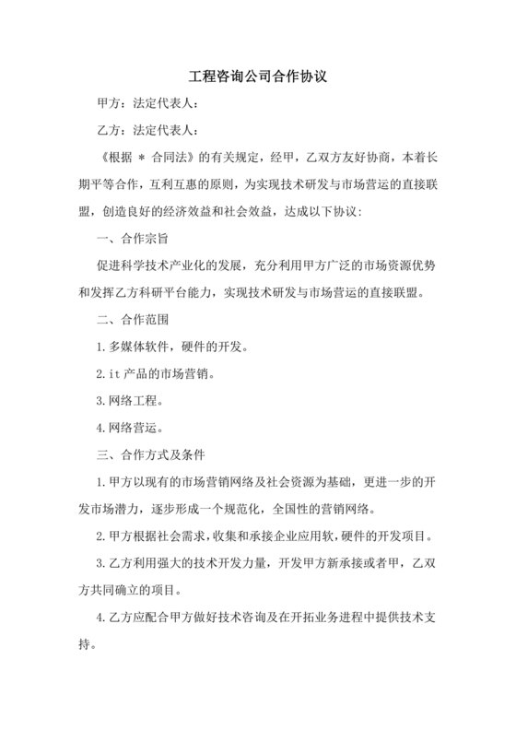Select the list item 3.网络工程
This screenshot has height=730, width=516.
click(129, 402)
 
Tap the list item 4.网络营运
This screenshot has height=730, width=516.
click(129, 429)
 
